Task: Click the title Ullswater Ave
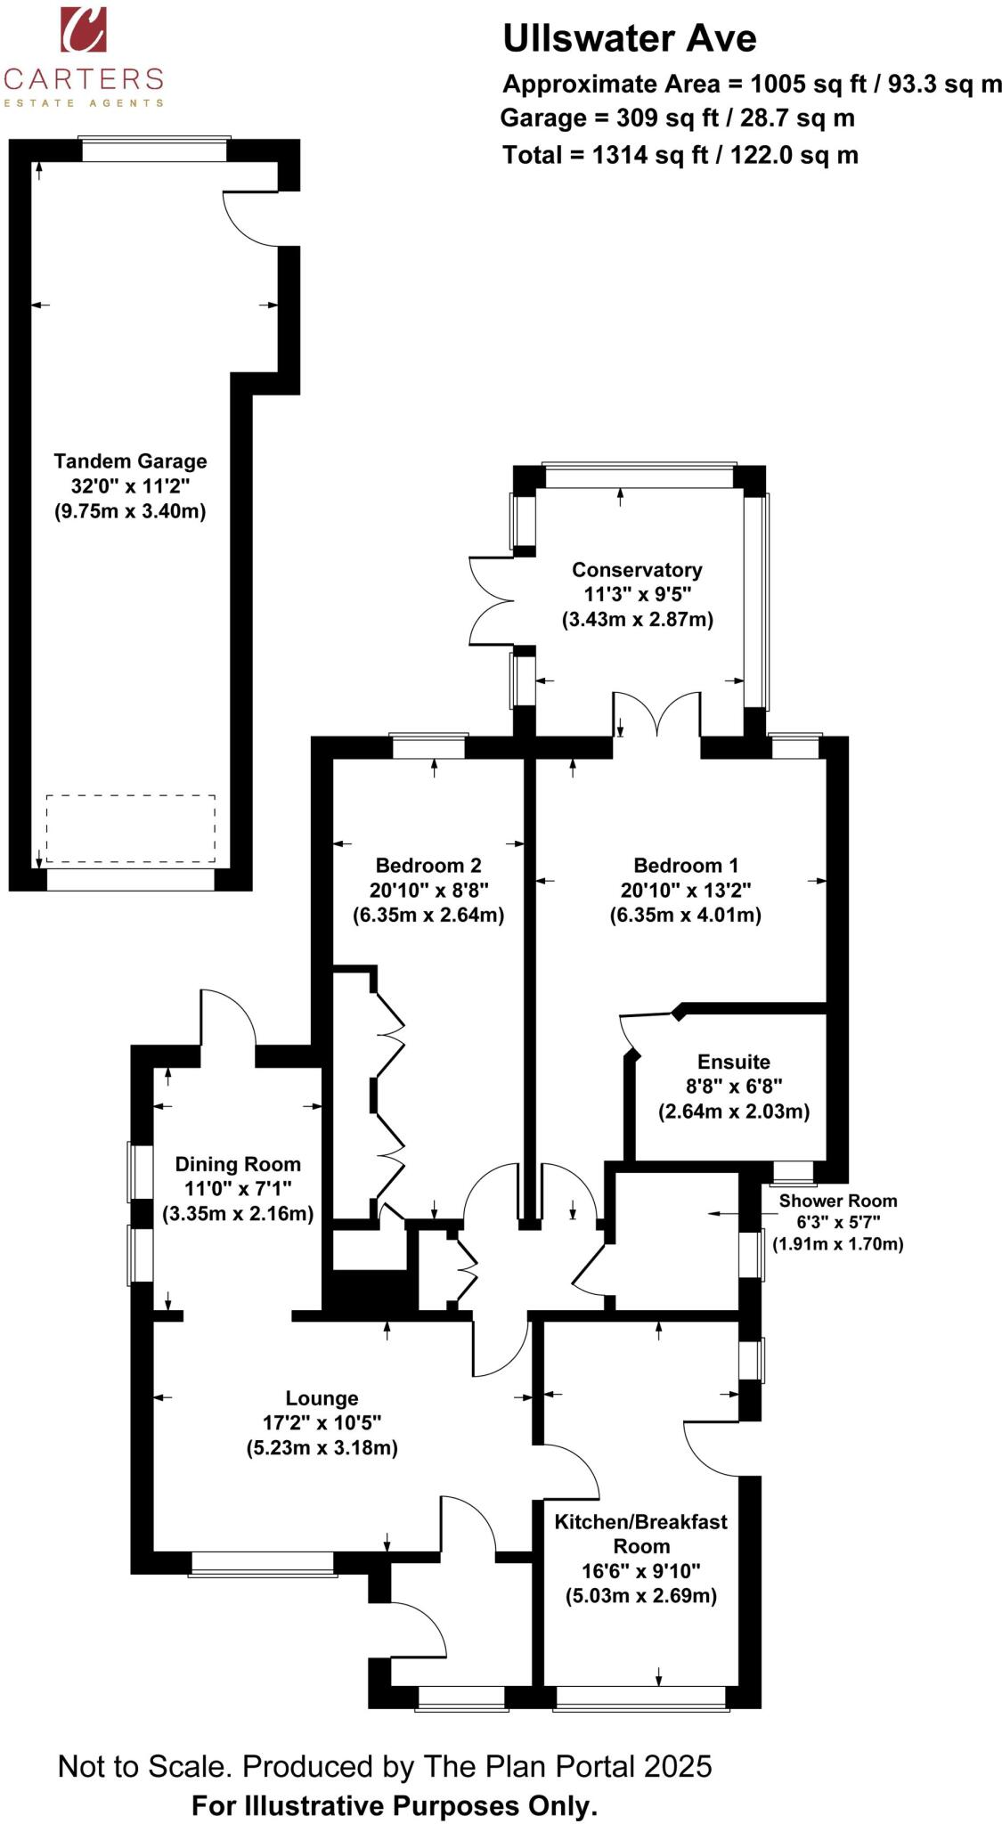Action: click(629, 39)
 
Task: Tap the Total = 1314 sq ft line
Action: click(680, 156)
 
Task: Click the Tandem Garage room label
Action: click(130, 461)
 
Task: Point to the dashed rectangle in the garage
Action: click(130, 828)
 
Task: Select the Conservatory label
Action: click(637, 570)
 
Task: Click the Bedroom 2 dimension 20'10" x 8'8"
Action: click(429, 890)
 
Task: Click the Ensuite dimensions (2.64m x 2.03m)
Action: click(734, 1111)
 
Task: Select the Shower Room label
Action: click(837, 1201)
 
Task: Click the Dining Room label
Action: click(238, 1164)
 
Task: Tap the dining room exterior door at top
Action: click(229, 1020)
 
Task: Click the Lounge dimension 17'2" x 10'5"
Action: click(322, 1423)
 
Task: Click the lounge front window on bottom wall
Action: click(262, 1564)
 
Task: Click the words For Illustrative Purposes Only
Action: click(395, 1806)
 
